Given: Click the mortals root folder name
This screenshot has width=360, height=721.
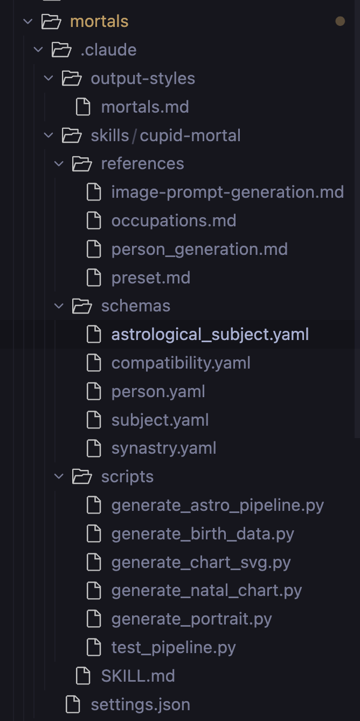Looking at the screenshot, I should click(99, 22).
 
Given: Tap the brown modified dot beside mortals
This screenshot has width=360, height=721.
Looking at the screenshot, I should click(340, 22).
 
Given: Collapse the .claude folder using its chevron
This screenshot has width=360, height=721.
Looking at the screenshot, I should click(38, 50).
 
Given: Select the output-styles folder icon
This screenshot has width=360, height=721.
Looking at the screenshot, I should click(72, 79).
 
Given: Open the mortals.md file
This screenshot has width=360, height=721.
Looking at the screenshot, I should click(144, 107).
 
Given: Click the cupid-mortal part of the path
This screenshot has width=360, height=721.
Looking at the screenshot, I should click(190, 135).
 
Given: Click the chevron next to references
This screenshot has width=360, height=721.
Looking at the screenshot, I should click(59, 164).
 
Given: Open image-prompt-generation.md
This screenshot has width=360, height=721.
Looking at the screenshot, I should click(227, 192).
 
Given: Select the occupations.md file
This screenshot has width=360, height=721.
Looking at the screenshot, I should click(174, 221).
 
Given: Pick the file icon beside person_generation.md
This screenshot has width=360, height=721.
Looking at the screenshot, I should click(94, 249).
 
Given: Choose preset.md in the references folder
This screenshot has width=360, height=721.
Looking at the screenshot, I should click(150, 278).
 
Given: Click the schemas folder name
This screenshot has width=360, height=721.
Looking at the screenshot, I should click(135, 306).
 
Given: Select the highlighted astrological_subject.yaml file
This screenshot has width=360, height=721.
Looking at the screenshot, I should click(210, 335).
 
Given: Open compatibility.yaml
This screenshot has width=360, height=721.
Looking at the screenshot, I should click(181, 363).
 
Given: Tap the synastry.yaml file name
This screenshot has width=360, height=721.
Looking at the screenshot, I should click(163, 448).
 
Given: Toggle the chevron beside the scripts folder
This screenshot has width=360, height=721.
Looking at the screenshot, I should click(59, 477).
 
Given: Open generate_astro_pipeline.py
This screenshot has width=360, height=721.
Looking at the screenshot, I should click(217, 505).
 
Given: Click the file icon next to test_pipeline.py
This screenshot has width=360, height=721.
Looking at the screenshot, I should click(94, 647).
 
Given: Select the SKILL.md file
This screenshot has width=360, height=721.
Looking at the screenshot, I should click(137, 676).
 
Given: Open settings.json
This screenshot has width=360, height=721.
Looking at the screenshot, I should click(140, 704).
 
